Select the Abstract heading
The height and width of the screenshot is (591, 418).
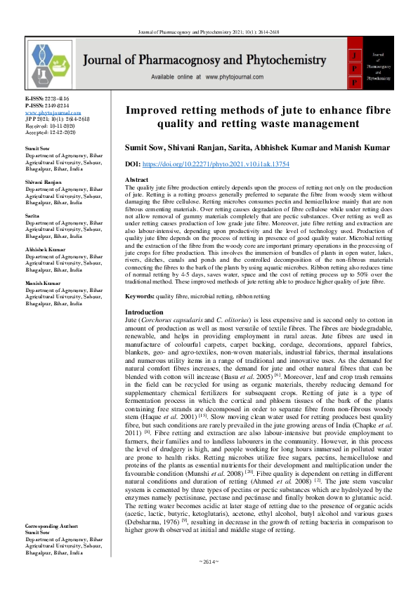[138, 180]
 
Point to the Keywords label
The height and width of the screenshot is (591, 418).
[139, 297]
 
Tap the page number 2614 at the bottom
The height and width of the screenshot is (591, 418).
[209, 582]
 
